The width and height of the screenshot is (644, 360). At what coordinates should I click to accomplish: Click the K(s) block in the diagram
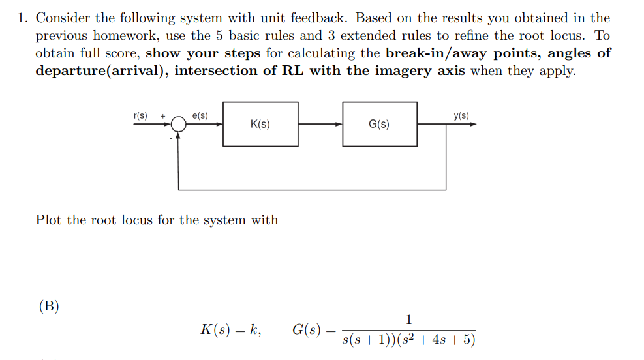click(260, 124)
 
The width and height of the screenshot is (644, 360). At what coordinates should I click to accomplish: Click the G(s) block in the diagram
click(379, 124)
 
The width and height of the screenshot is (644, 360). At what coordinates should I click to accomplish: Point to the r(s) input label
click(140, 115)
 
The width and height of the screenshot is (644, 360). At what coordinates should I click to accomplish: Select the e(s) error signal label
click(200, 115)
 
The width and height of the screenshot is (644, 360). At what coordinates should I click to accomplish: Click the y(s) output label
click(461, 115)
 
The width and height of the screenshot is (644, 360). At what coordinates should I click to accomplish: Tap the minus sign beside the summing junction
click(172, 137)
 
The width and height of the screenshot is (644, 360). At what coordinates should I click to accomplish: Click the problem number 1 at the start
click(22, 18)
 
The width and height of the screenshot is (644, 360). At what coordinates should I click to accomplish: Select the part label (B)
click(49, 306)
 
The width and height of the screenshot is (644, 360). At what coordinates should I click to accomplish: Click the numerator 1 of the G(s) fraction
click(408, 320)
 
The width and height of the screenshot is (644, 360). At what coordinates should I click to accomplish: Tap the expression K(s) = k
click(230, 330)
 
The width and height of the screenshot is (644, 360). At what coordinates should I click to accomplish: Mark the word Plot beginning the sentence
click(49, 220)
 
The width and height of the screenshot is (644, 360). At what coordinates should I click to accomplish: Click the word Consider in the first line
click(63, 18)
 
